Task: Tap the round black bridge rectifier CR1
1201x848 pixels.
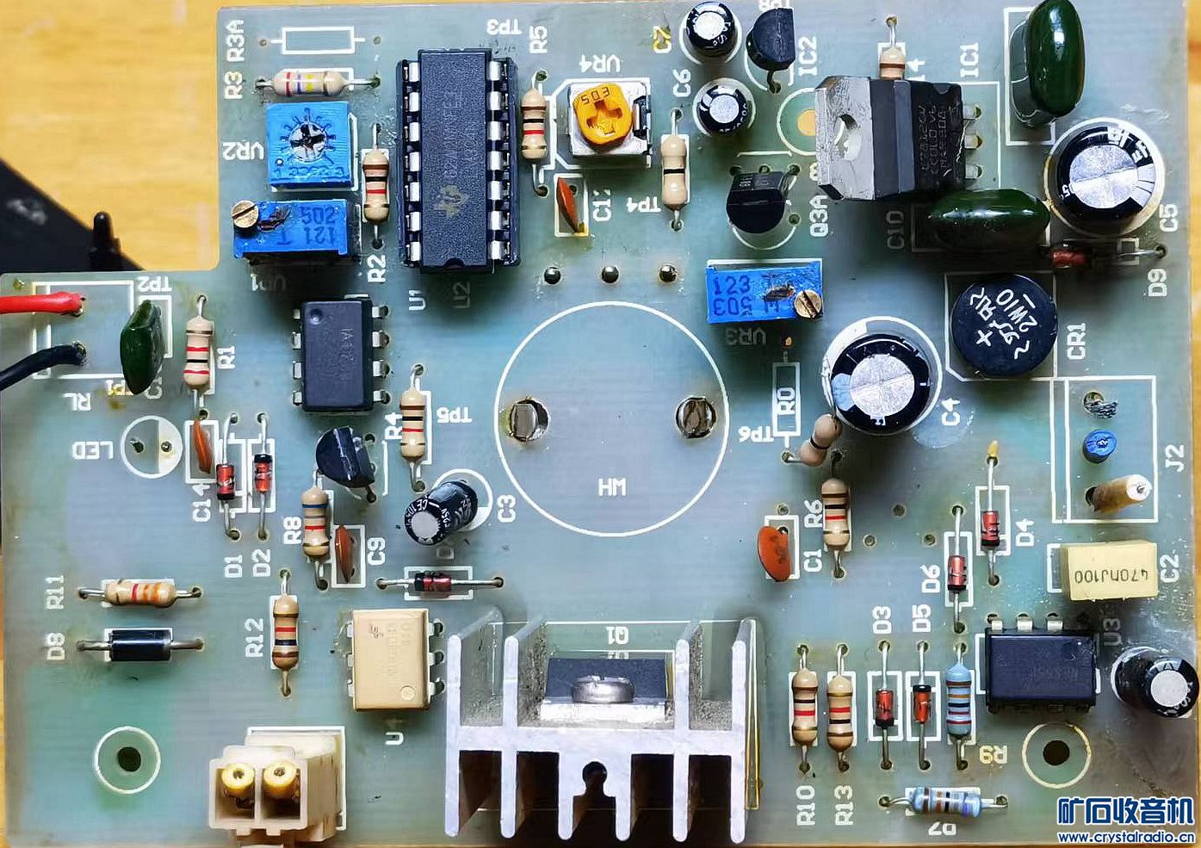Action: (x=1002, y=325)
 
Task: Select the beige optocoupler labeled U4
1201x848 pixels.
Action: (x=392, y=658)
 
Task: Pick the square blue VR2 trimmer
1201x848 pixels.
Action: (x=308, y=145)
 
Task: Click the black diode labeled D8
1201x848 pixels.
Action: (x=139, y=644)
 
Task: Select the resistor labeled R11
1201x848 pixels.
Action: (x=139, y=591)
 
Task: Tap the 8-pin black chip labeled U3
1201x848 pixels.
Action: (x=1039, y=669)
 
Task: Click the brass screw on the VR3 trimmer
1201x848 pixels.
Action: (x=807, y=300)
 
